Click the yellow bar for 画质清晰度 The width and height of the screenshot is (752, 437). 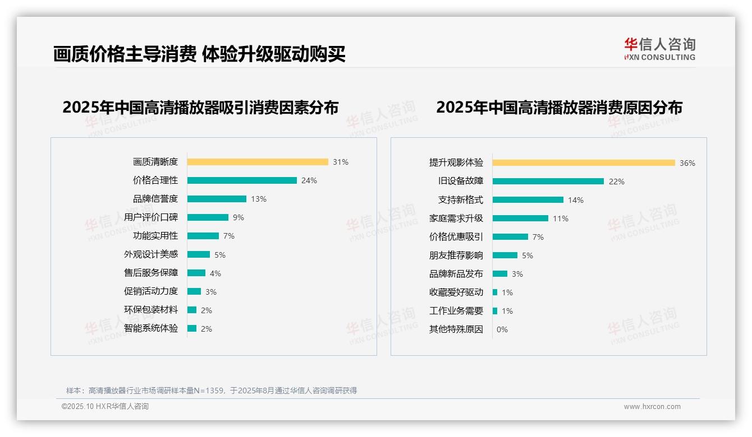point(258,162)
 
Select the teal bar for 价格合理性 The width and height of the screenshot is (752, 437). point(242,180)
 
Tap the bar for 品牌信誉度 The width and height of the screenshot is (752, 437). point(217,199)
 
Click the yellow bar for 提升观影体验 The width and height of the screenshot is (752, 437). point(584,163)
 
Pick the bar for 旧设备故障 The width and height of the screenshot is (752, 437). point(548,182)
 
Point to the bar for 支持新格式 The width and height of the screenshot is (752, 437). point(528,200)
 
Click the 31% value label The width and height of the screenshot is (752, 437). point(340,162)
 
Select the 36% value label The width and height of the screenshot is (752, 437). point(687,163)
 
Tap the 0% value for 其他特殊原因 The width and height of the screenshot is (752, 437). point(502,329)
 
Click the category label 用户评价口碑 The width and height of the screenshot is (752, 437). point(150,217)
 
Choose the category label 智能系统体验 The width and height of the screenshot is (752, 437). point(150,328)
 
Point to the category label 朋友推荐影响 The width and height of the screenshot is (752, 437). point(456,255)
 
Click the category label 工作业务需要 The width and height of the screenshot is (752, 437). point(456,311)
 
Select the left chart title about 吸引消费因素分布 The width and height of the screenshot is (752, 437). point(200,108)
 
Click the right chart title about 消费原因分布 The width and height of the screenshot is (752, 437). point(559,108)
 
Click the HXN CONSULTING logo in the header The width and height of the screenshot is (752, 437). point(659,49)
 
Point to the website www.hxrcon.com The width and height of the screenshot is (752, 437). point(652,407)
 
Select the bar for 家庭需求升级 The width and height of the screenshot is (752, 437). point(520,218)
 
